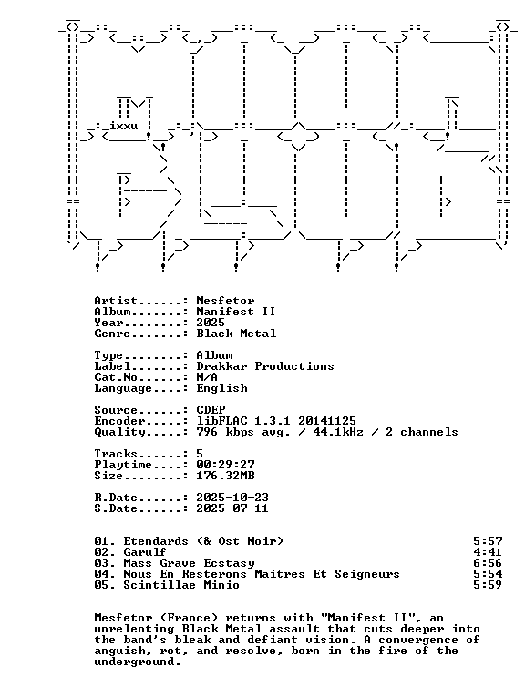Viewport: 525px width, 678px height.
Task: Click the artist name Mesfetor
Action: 225,301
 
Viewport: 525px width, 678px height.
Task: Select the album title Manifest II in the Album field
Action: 236,312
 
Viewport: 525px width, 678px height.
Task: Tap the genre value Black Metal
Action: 236,334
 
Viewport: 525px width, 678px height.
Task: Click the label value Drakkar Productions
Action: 265,366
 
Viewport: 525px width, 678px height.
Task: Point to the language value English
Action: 221,388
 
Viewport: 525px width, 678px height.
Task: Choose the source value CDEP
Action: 211,410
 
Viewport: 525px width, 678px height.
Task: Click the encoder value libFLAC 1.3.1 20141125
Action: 276,421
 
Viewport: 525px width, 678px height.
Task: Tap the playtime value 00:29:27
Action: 225,465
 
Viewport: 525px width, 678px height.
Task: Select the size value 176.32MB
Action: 225,476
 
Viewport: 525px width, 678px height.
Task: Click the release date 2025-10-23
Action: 232,498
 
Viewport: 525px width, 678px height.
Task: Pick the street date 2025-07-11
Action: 232,508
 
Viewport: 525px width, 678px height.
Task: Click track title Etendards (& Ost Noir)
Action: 203,541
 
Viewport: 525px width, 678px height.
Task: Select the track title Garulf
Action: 145,552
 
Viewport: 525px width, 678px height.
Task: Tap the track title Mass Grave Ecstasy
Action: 189,563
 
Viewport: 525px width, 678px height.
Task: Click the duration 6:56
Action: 488,563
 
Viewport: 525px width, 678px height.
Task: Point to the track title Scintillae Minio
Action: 181,585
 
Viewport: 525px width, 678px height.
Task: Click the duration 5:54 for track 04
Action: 488,574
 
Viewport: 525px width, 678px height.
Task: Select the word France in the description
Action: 192,618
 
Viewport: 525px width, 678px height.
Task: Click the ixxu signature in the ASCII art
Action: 124,126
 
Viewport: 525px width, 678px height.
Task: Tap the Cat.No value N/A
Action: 207,377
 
